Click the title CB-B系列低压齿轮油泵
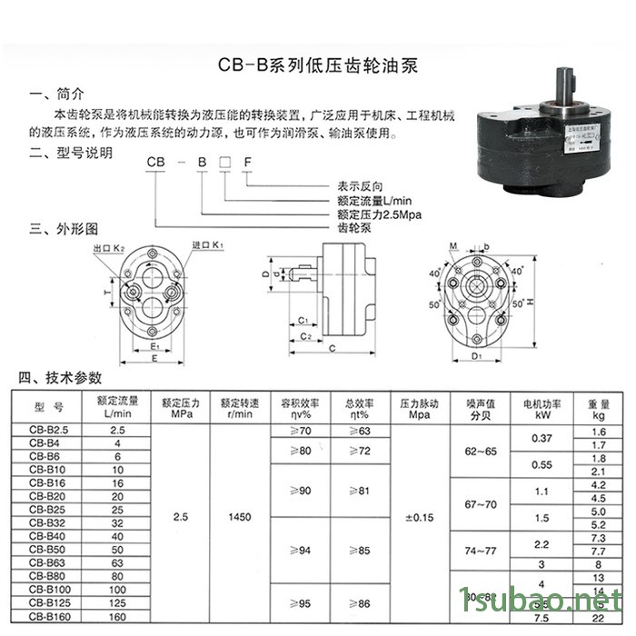pos(318,66)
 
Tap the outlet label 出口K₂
pos(108,247)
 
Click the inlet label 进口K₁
pos(206,245)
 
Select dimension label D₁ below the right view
pos(477,357)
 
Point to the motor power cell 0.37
pos(542,438)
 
